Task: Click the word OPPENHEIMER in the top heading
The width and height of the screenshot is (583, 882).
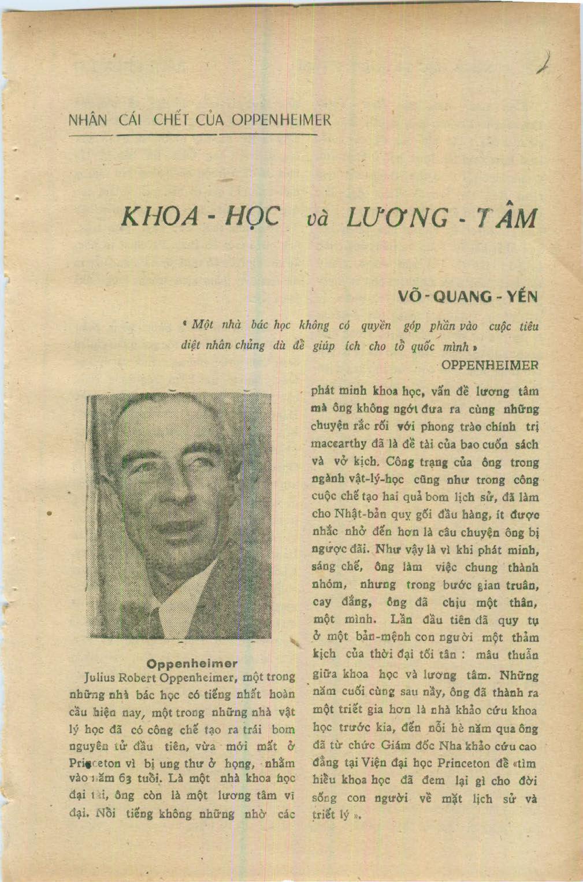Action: tap(281, 120)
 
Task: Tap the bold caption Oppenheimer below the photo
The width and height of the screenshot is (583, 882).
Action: tap(192, 663)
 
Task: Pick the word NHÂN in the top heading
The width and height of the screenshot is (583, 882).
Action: tap(88, 120)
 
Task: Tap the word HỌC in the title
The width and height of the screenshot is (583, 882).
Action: tap(252, 217)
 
